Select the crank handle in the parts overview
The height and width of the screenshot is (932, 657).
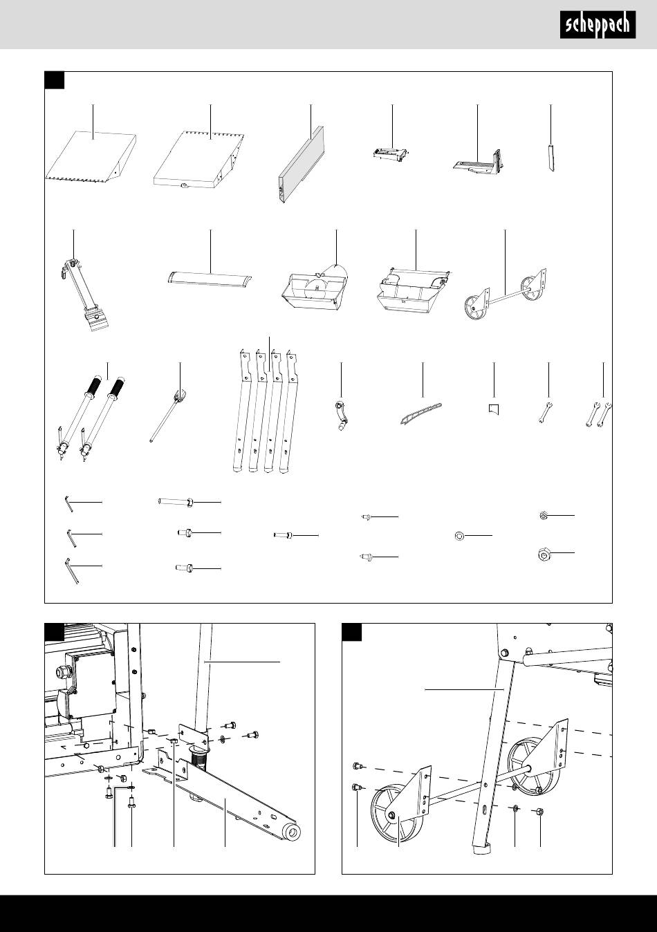click(x=341, y=416)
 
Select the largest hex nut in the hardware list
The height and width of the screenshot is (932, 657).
click(x=545, y=553)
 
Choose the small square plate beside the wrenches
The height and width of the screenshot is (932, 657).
click(x=494, y=409)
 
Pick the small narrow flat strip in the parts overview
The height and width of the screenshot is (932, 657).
click(x=550, y=160)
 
